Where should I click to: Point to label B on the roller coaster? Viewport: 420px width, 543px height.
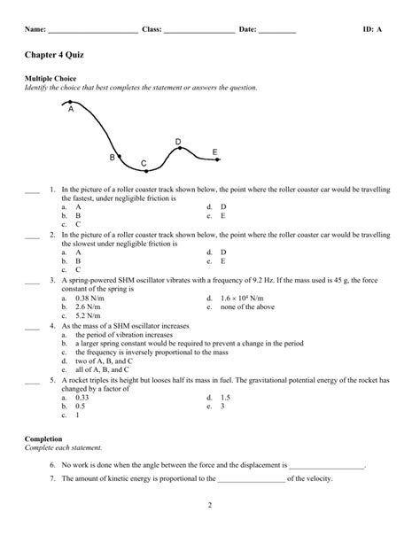tap(112, 157)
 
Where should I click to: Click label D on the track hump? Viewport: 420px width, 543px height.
tap(178, 141)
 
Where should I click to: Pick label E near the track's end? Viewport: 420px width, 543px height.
tap(214, 153)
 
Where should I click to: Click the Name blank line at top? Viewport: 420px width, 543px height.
tap(92, 30)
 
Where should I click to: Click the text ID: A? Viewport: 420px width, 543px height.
tap(372, 29)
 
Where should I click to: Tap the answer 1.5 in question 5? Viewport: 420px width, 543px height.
tap(224, 399)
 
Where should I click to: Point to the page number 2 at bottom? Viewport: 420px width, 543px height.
tap(209, 531)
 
